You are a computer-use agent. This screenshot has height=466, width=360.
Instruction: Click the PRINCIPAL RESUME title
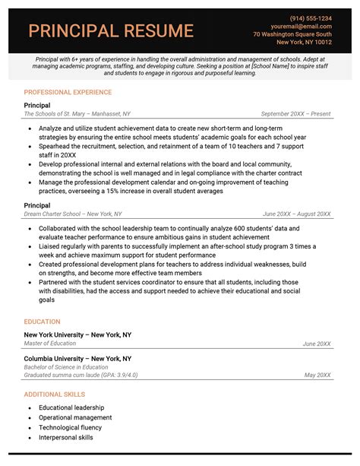111,31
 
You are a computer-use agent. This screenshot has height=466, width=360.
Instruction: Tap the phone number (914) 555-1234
310,18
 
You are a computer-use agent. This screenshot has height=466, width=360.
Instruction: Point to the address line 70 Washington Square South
292,35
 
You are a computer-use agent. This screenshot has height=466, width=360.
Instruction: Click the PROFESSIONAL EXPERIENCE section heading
68,91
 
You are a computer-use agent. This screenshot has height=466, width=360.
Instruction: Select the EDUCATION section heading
43,322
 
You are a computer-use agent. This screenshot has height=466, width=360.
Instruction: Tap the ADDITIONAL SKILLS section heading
55,395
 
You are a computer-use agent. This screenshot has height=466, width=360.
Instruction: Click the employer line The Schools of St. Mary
77,114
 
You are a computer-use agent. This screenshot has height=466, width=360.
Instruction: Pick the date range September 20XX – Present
295,114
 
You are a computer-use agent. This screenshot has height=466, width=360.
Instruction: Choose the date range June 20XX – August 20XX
296,214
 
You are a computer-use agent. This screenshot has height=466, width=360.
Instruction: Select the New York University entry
77,334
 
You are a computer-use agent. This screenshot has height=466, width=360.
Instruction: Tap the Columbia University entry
77,358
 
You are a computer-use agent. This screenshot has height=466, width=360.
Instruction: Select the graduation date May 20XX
317,375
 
